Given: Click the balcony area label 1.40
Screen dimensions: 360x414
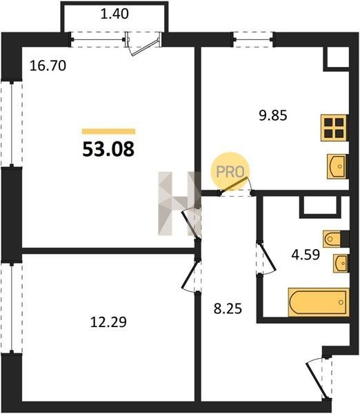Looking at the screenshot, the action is coord(114,14).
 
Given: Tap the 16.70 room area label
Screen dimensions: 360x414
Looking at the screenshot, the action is coord(48,66).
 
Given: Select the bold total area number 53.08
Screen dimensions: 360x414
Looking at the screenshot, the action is coord(108,149).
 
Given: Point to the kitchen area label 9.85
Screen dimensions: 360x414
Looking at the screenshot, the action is coord(273,115).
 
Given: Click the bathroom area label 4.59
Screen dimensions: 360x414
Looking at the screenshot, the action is coord(306,255).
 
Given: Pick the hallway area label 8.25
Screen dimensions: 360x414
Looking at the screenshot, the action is coord(228,308).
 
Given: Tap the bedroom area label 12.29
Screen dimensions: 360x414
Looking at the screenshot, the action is coord(108,322).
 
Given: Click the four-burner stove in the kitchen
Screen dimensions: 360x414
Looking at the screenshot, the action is coord(334,128).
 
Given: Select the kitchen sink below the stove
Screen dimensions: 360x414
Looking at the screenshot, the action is coord(337,166).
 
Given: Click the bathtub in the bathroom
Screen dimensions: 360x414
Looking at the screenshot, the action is coord(319,302).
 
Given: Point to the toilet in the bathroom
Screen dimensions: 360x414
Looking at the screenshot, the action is coord(332,239).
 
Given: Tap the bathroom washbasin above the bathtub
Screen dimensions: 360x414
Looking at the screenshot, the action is coord(341,263).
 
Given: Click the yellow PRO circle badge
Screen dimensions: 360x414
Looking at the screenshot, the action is coord(230,172).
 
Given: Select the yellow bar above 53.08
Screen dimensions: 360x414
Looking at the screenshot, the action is coord(108,131).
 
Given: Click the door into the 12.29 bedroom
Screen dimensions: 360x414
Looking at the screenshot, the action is coord(190,275).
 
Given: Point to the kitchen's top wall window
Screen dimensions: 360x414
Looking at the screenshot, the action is coord(253,39).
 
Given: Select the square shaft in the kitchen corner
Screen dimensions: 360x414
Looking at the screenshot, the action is coord(337,59).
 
